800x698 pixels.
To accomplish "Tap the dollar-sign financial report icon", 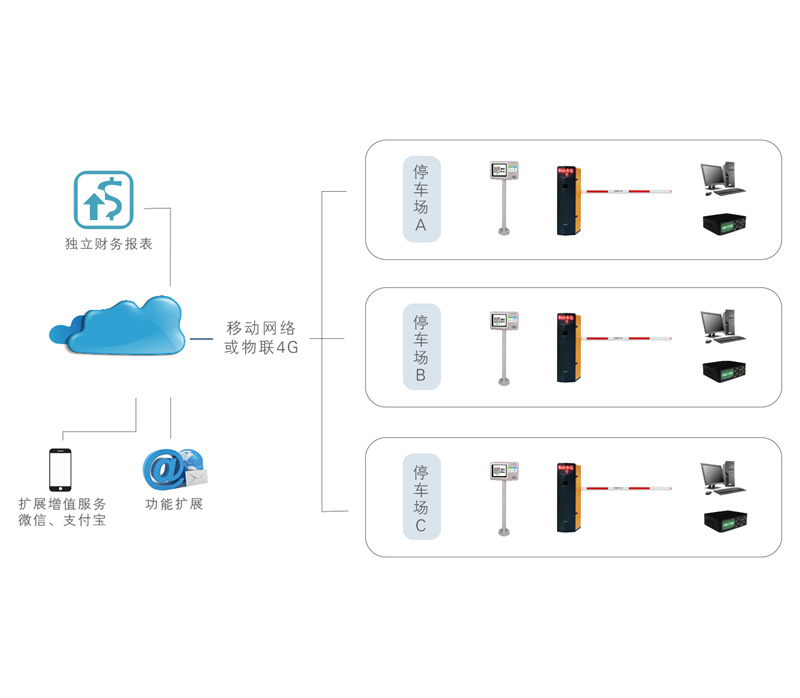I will point(103,199).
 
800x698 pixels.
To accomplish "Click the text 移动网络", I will point(261,328).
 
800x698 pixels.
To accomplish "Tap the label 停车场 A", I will point(421,199).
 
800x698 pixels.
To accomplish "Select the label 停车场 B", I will point(421,348).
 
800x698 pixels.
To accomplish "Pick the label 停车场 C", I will point(421,497).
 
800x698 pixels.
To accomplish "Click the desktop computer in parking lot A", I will point(719,177).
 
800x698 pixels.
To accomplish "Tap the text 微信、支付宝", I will point(62,521).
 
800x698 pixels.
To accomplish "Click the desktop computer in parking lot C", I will point(719,477).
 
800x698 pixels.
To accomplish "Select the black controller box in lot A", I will point(722,222).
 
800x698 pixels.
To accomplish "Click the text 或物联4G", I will point(261,348).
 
